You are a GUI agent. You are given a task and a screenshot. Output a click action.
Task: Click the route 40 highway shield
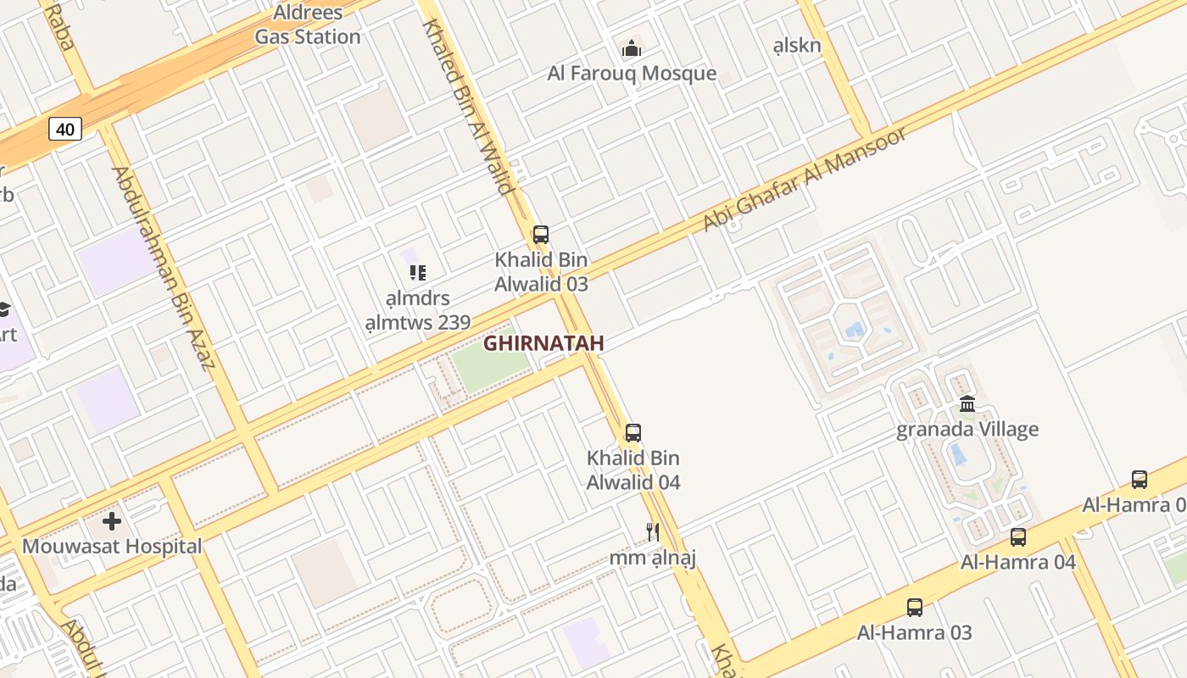coord(65,129)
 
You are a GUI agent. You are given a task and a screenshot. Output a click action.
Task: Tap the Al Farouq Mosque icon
coord(632,49)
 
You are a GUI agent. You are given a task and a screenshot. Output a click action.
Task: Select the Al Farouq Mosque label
coord(632,74)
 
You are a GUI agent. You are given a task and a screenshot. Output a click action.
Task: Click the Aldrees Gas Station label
coord(308,25)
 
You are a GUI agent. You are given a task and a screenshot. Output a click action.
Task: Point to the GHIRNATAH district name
coord(543,343)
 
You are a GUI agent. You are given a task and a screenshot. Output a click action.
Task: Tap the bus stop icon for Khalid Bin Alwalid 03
coord(541,235)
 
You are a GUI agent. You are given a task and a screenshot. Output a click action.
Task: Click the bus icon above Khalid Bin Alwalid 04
coord(633,433)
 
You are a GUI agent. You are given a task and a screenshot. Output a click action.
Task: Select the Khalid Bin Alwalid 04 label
coord(633,470)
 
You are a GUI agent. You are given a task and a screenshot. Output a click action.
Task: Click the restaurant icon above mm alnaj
coord(653,531)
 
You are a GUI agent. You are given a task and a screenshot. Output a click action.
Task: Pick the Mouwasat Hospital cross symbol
coord(112,520)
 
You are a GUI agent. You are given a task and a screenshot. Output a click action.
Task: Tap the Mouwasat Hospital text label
coord(112,546)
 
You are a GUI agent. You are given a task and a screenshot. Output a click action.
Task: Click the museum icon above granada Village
coord(967,403)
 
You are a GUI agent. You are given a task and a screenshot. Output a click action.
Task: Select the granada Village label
coord(967,430)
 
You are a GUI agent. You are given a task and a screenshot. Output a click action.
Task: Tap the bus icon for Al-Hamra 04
coord(1018,536)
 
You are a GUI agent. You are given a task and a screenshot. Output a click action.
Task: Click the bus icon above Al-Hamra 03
coord(915,607)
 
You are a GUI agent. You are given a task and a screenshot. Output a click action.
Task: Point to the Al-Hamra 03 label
coord(915,632)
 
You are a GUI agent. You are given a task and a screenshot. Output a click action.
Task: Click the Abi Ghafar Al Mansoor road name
coord(805,179)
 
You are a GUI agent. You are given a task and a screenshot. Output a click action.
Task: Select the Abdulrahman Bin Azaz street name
coord(161,269)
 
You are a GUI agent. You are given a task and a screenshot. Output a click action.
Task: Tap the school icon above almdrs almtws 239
coord(417,272)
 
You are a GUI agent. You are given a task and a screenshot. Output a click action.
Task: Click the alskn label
coord(798,45)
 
